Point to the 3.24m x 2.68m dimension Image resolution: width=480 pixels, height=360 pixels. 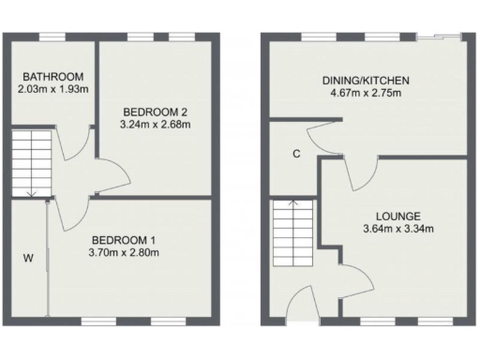click(156, 124)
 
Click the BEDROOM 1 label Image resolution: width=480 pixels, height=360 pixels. click(123, 239)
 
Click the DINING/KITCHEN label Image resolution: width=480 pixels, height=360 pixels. click(360, 81)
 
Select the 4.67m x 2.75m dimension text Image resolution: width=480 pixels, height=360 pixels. click(360, 93)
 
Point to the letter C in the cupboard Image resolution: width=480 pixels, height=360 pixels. click(294, 155)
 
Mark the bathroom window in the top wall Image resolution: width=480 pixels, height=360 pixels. click(52, 37)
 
